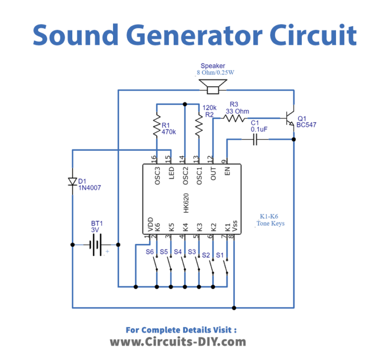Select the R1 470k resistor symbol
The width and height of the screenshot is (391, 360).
[157, 126]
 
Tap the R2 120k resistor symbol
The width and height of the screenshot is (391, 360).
[199, 126]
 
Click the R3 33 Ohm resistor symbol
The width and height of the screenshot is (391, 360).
[235, 118]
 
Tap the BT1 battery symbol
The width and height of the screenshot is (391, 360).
[96, 245]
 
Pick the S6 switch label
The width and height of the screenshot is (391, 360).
[150, 252]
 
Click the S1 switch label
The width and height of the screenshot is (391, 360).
[220, 254]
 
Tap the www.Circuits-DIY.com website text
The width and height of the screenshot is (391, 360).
[178, 341]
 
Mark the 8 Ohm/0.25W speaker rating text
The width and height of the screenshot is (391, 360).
[216, 73]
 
